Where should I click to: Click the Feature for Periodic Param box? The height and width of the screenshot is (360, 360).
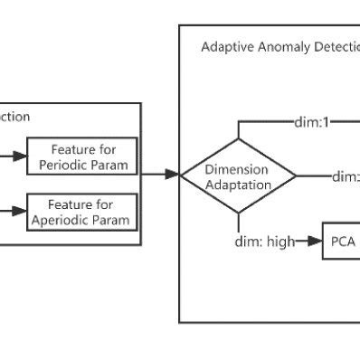[82, 157]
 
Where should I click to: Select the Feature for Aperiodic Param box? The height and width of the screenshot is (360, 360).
[82, 212]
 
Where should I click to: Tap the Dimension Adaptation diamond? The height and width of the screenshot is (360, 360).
[238, 175]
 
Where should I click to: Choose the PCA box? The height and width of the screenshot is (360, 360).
[341, 242]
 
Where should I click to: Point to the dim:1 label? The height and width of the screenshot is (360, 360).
[315, 120]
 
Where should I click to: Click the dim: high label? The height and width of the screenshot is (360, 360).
[265, 242]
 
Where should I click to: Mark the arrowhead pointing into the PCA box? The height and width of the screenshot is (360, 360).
[316, 242]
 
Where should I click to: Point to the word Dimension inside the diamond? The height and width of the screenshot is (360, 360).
[237, 169]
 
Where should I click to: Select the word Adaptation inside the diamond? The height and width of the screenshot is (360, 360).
[237, 184]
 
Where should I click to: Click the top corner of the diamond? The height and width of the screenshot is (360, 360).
[238, 138]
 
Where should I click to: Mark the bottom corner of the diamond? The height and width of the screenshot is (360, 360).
[238, 213]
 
